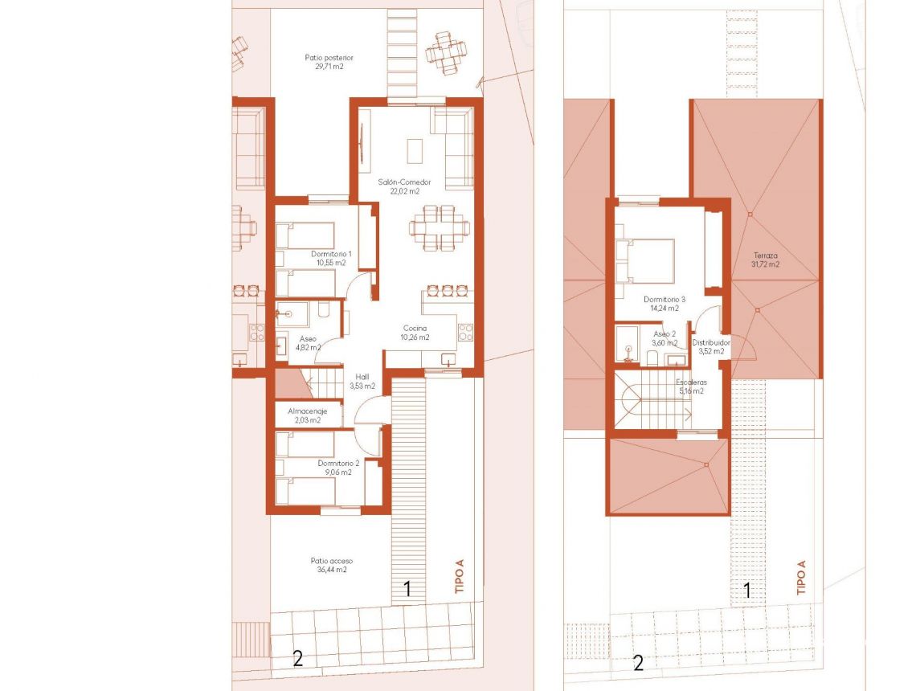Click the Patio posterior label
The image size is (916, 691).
[x=329, y=63]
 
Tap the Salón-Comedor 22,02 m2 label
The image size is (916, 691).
[x=399, y=187]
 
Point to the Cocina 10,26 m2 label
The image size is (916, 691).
[x=415, y=333]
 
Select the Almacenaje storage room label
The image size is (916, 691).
[x=308, y=415]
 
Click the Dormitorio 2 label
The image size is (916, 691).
[x=337, y=468]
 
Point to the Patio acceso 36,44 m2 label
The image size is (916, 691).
[x=332, y=565]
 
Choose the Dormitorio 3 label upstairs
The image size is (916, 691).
[x=660, y=303]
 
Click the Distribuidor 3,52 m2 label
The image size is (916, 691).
[x=712, y=346]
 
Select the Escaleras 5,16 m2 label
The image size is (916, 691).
[x=689, y=386]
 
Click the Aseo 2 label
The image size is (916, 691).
[x=665, y=338]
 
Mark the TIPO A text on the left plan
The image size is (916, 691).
[x=460, y=577]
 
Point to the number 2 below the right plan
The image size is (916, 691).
[x=639, y=664]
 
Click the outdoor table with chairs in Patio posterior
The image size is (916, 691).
[x=446, y=53]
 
